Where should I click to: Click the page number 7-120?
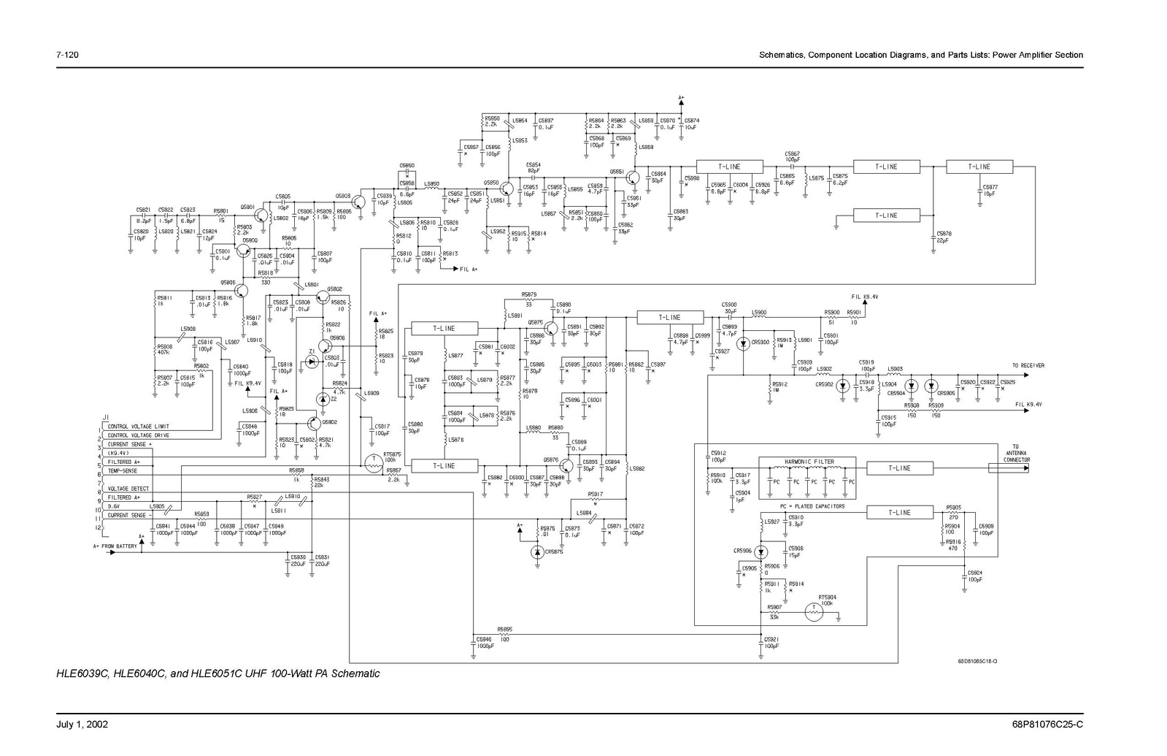click(67, 56)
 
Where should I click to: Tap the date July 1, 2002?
click(82, 725)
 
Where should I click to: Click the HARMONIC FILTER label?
click(809, 462)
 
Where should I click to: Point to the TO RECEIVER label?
click(1028, 365)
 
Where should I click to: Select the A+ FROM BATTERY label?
click(115, 546)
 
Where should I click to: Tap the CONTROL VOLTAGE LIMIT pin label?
click(139, 427)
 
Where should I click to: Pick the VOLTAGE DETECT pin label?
click(128, 489)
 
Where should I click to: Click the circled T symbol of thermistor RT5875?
click(372, 462)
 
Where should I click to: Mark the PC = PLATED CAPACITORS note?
click(812, 506)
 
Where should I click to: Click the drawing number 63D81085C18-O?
click(977, 661)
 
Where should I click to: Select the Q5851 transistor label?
click(617, 172)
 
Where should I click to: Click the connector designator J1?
click(106, 417)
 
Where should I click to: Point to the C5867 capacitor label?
click(792, 154)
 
